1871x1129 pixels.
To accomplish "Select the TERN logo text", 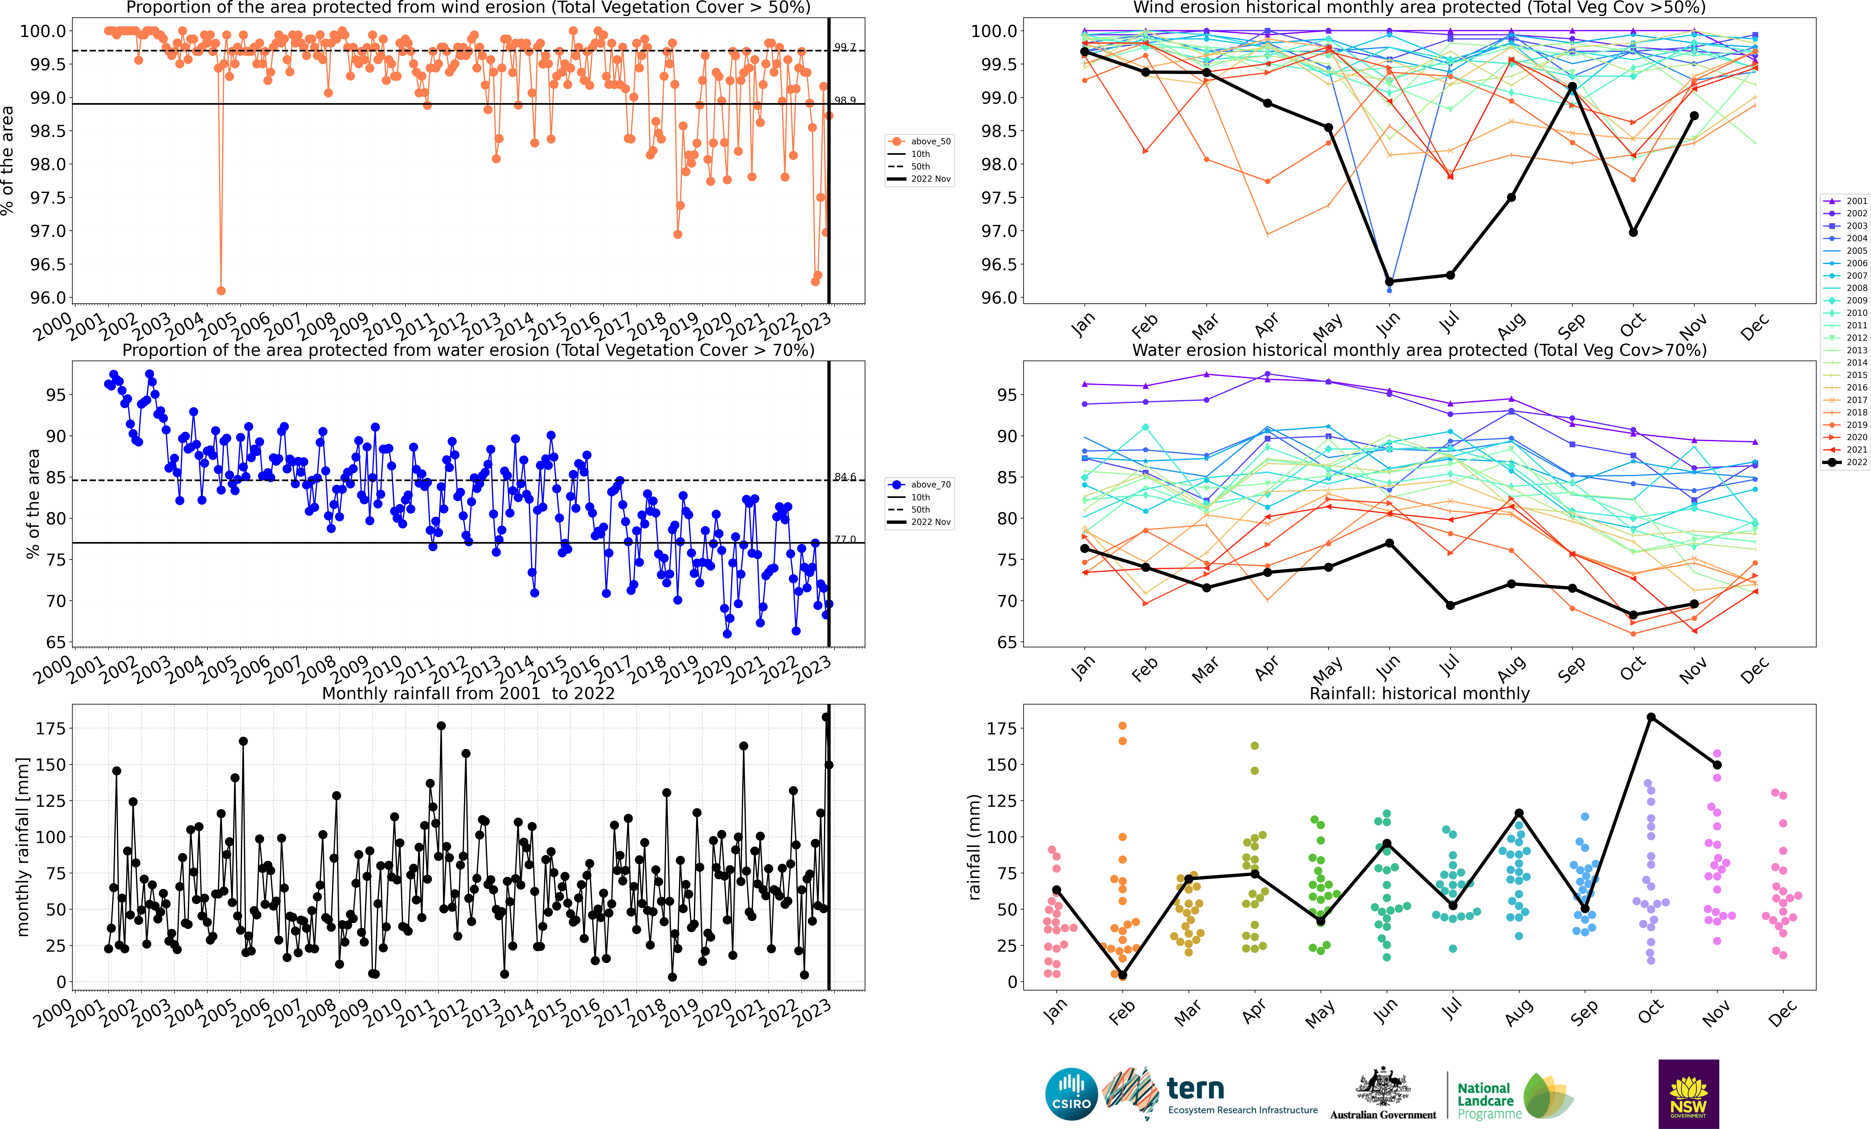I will (x=1195, y=1089).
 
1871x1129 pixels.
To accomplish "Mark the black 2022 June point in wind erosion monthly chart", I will (x=1389, y=282).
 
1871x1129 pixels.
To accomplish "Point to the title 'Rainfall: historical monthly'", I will (x=1419, y=693).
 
